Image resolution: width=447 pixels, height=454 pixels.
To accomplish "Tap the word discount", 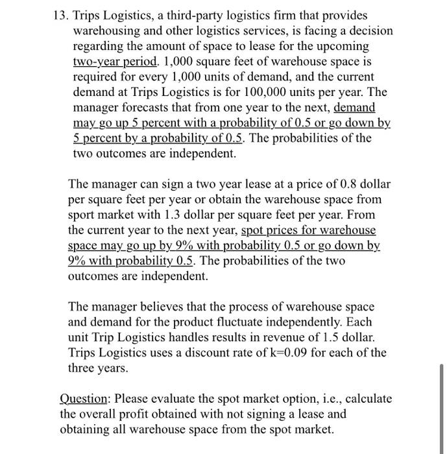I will click(x=221, y=353).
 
